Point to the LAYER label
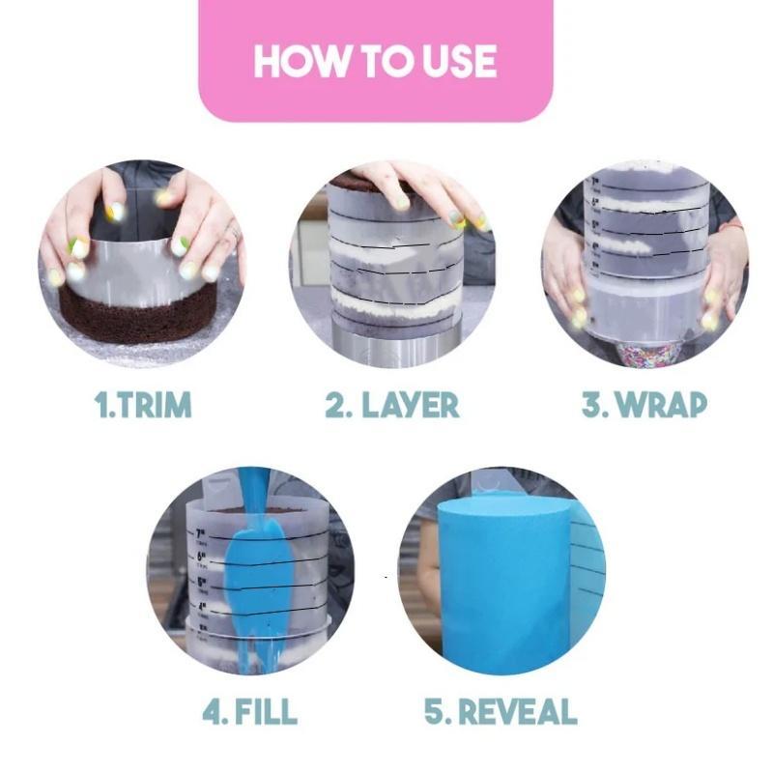click(411, 405)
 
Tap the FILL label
click(264, 712)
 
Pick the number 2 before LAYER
click(335, 405)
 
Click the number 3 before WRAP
click(591, 405)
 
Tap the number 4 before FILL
click(212, 712)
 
